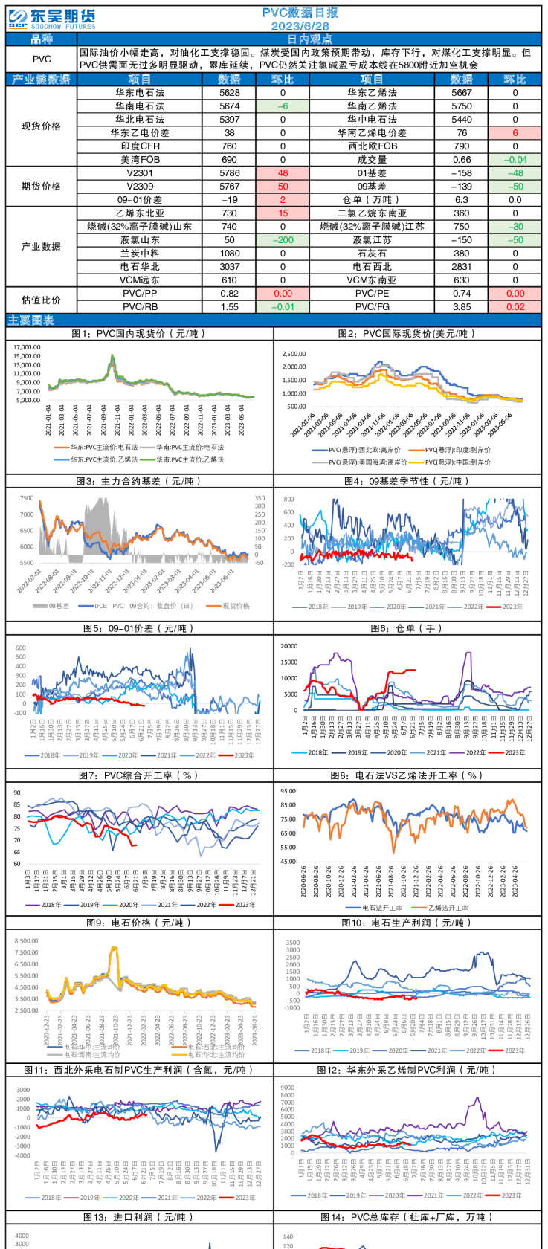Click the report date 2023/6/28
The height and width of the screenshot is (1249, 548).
click(x=300, y=26)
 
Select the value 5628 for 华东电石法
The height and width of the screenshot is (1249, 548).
click(x=230, y=93)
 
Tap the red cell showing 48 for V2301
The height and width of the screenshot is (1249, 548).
click(x=283, y=173)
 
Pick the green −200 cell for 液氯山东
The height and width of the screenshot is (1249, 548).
click(x=283, y=240)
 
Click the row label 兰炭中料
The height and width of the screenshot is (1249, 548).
click(x=140, y=254)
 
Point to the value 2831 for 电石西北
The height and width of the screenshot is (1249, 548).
click(x=461, y=267)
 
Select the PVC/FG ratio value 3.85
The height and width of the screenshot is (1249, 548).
click(x=461, y=306)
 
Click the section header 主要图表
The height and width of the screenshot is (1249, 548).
click(x=31, y=320)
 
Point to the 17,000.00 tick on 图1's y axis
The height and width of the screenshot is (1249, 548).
click(x=27, y=347)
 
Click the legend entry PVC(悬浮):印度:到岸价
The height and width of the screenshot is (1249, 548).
click(x=457, y=450)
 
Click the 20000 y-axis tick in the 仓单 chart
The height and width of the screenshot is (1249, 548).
click(x=288, y=646)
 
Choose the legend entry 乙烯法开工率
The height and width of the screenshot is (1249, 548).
click(x=448, y=908)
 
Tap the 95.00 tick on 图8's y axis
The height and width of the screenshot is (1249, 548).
click(x=288, y=791)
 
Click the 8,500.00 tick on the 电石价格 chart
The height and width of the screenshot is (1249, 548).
click(x=27, y=940)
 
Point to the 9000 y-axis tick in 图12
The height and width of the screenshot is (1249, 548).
click(x=288, y=1088)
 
